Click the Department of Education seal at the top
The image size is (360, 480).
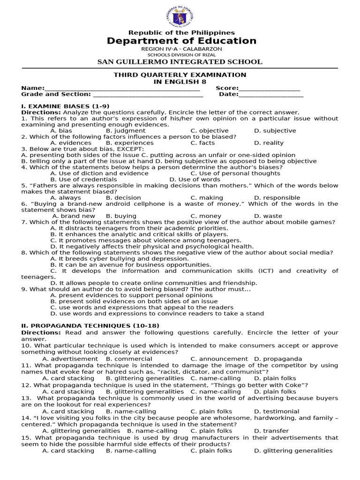[x=181, y=17]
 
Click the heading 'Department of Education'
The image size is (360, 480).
[x=181, y=41]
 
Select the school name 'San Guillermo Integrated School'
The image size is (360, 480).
[x=180, y=62]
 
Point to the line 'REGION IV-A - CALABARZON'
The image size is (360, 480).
[x=181, y=49]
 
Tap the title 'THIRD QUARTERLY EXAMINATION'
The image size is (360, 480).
[x=180, y=75]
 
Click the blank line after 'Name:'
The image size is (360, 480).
[x=122, y=88]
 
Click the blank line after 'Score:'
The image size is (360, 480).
[x=269, y=88]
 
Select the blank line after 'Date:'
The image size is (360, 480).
[x=271, y=94]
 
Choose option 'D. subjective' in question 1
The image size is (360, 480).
[x=275, y=131]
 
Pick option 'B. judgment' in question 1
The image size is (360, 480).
[x=125, y=131]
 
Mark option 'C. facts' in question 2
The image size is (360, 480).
[x=202, y=143]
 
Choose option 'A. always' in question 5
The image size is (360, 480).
[x=65, y=198]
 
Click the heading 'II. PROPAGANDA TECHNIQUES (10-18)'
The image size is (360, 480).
[x=90, y=326]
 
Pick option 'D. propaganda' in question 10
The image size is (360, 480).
[x=278, y=359]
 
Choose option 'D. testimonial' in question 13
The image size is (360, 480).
[x=277, y=412]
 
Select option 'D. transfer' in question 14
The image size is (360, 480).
[x=271, y=431]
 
